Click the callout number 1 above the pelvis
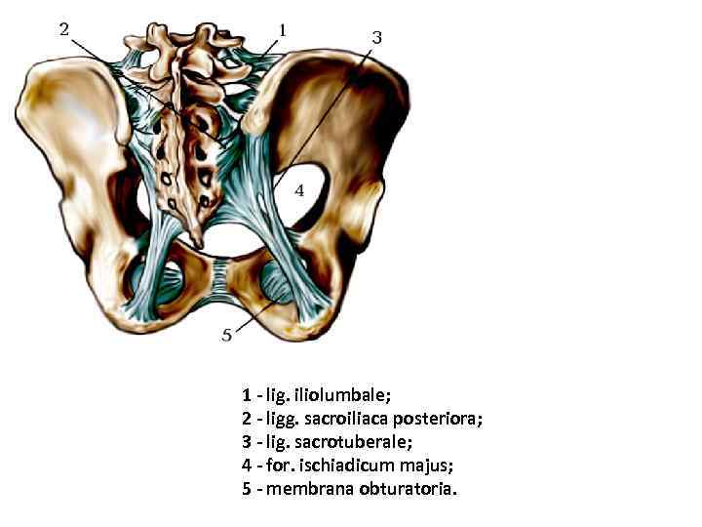coord(282,30)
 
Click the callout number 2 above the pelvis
coord(64,29)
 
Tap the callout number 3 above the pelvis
coord(376,37)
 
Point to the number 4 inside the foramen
coord(299,190)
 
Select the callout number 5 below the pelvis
coord(226,335)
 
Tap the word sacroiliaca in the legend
coord(348,419)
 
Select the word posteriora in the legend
coord(440,419)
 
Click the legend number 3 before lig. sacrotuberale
coord(247,442)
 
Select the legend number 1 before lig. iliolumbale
coord(247,395)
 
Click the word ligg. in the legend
coord(280,419)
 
